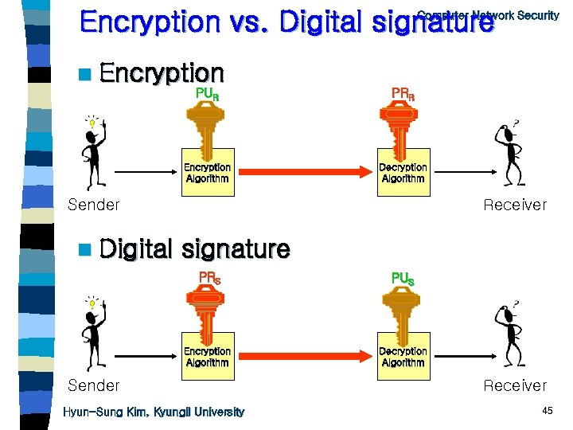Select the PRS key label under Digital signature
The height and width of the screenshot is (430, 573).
click(x=209, y=278)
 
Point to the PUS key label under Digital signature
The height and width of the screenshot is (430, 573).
click(x=403, y=279)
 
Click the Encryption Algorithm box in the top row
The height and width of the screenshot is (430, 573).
click(x=207, y=173)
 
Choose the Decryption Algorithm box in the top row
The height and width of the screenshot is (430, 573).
click(x=403, y=173)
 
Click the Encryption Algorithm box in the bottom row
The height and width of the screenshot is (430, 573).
click(x=207, y=357)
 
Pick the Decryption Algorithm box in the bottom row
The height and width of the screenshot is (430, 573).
click(x=403, y=357)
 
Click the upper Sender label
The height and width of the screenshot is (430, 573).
click(x=94, y=205)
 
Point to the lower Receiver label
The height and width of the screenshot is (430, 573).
click(x=515, y=386)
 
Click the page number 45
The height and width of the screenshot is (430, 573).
click(x=547, y=411)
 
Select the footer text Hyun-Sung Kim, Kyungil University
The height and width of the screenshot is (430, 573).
click(x=154, y=412)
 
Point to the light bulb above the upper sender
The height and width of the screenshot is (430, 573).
click(x=93, y=123)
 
